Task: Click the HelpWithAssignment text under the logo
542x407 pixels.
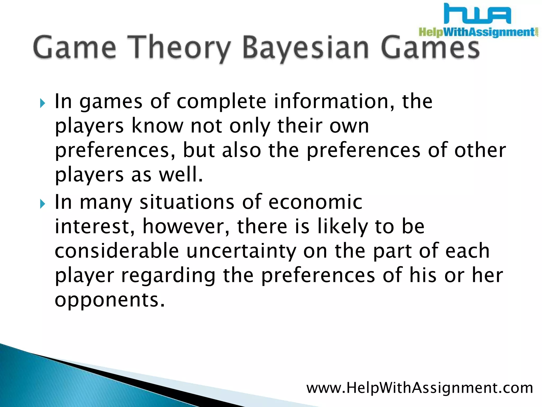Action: coord(476,32)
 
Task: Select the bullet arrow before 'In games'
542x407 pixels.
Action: coord(42,103)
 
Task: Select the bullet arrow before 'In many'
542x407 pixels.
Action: coord(42,204)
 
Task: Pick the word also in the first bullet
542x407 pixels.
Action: coord(241,150)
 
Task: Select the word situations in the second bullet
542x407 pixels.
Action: coord(187,202)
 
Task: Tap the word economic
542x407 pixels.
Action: coord(315,202)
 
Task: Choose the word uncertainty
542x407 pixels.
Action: coord(241,251)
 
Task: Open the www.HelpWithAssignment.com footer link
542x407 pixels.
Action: coord(419,388)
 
